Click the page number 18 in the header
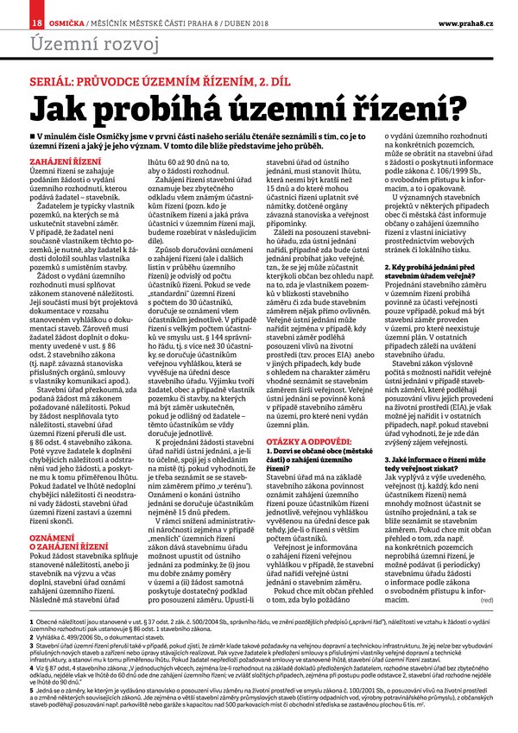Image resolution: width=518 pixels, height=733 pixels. point(36,21)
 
